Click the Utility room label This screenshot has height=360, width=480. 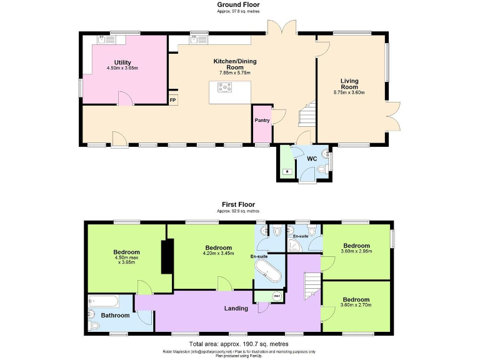tap(122, 62)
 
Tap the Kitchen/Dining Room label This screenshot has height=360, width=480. tap(235, 64)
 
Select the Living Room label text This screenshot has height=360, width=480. tap(349, 84)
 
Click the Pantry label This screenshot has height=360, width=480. tap(262, 120)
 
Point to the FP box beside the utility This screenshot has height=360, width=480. tap(172, 100)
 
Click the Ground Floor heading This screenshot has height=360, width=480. tap(237, 5)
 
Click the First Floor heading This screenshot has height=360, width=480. tap(237, 204)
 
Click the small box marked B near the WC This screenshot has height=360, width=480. tap(286, 171)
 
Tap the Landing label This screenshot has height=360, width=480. tap(237, 308)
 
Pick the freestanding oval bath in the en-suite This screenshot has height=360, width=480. tap(268, 274)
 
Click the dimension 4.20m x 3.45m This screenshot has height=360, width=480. tap(217, 253)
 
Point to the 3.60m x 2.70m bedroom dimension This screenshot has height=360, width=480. tap(356, 306)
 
